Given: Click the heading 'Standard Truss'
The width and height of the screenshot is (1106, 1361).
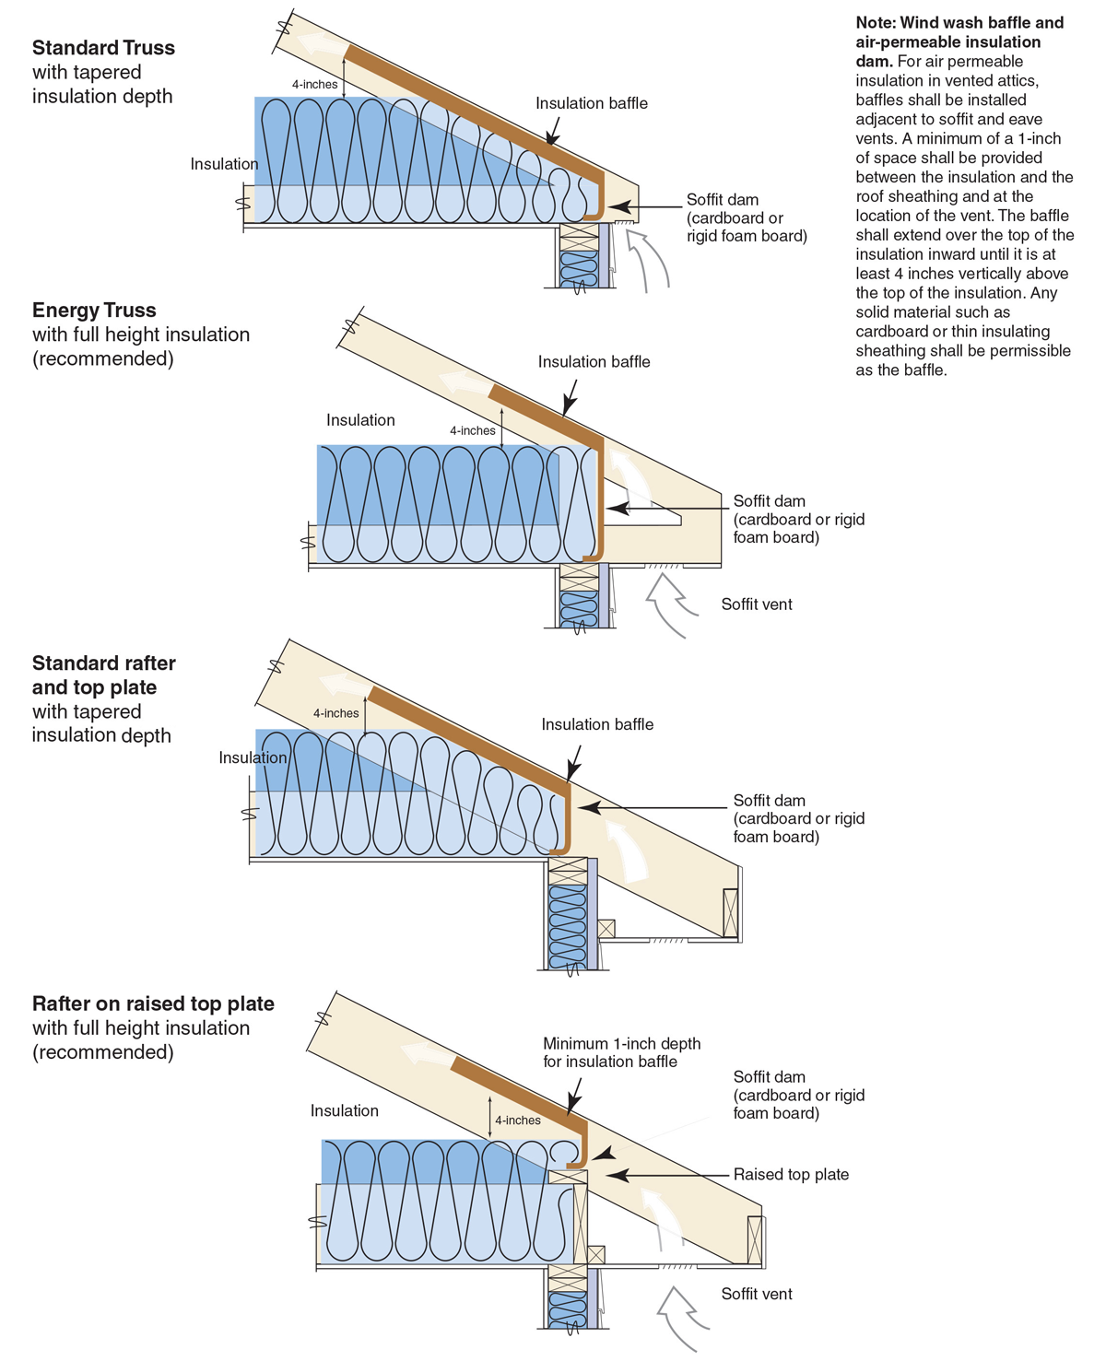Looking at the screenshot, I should tap(103, 48).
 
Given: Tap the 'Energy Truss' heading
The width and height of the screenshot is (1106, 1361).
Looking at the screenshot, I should tap(94, 311).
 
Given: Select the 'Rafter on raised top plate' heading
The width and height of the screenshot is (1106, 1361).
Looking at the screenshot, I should tap(153, 1004).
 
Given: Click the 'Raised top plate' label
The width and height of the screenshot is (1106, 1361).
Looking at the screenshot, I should tap(791, 1175).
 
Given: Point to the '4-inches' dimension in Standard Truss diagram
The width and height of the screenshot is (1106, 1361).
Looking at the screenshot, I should tap(315, 85).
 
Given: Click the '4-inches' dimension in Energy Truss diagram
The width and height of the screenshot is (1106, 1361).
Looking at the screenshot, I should tap(473, 430).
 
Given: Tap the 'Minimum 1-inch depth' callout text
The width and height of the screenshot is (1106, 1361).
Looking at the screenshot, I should tap(621, 1044).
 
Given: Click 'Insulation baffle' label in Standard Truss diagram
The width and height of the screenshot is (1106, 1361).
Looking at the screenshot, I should tap(592, 103).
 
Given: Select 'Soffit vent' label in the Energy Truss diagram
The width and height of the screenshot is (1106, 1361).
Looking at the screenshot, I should tap(757, 604).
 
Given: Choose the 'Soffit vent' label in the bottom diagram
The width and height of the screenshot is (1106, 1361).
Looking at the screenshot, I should tap(757, 1294).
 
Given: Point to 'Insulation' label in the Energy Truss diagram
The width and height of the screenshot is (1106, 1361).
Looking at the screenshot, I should tap(360, 420).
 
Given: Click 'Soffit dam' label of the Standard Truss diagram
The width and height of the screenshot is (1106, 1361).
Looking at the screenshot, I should tap(723, 200).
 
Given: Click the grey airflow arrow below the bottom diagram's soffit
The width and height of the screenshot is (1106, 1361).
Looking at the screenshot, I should tap(682, 1318).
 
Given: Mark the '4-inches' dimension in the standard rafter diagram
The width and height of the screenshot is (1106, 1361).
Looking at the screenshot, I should tap(335, 713).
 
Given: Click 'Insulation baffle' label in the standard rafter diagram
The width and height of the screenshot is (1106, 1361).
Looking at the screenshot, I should tap(597, 724).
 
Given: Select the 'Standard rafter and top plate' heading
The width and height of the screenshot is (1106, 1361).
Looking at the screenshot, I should tap(103, 675).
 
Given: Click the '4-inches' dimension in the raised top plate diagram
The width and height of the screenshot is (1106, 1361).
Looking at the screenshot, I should tap(518, 1120).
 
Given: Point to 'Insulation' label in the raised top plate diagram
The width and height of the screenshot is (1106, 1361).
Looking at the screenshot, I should tap(345, 1111).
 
